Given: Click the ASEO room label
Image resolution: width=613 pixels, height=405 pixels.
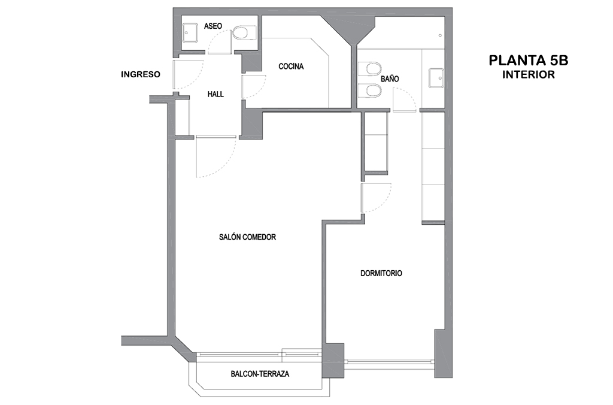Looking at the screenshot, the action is click(213, 26).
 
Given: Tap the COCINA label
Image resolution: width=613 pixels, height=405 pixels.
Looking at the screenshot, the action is click(291, 67).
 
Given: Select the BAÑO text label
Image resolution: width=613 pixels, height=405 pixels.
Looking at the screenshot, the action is click(389, 78).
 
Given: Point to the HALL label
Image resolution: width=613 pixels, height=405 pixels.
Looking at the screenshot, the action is click(216, 94).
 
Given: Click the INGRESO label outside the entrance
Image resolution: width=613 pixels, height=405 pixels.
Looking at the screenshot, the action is click(140, 74).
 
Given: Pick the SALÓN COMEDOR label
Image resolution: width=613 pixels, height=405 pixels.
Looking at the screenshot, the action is click(247, 237).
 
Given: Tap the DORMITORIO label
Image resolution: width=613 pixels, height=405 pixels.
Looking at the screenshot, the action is click(381, 273).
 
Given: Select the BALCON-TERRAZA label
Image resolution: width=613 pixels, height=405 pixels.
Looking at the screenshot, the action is click(260, 374).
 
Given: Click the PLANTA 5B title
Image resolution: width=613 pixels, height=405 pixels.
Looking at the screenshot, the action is click(529, 61).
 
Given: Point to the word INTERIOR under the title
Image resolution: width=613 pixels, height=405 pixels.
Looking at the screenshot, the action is click(529, 74).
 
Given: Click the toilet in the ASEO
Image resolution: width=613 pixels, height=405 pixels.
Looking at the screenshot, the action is click(244, 33).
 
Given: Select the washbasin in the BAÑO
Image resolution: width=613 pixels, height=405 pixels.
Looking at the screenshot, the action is click(436, 78).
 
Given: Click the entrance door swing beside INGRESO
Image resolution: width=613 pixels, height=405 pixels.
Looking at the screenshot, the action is click(188, 75).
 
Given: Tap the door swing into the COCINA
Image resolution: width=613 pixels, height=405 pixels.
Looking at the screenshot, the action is click(254, 86).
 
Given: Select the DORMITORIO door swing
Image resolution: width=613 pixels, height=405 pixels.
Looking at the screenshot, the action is click(376, 198).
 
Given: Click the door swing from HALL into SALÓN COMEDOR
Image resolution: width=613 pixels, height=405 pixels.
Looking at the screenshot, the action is click(216, 156).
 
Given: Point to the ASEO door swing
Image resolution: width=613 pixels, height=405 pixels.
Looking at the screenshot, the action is click(220, 41).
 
